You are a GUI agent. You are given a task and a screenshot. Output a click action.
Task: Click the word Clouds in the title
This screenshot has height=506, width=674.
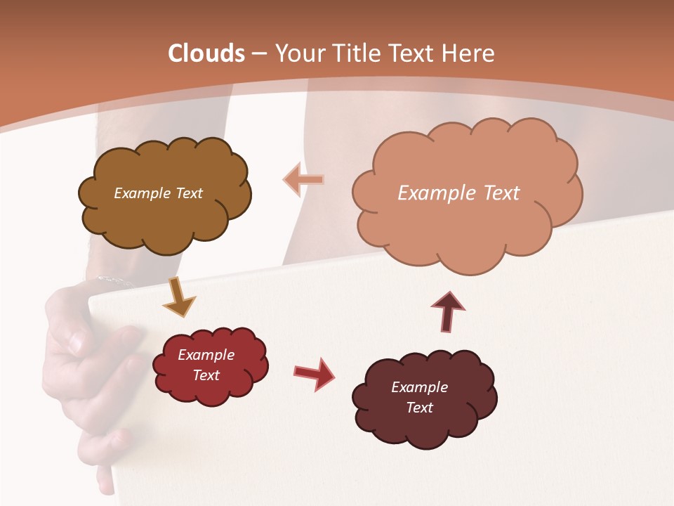206,53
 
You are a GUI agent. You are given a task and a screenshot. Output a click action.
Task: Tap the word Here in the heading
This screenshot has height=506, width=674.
468,53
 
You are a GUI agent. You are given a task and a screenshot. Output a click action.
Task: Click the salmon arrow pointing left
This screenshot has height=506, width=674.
303,180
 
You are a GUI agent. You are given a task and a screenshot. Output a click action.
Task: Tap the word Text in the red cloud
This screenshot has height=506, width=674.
206,375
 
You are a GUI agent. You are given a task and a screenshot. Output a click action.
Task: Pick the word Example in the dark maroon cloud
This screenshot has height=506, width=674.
419,387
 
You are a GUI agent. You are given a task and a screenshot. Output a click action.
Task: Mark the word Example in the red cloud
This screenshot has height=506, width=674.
206,355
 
